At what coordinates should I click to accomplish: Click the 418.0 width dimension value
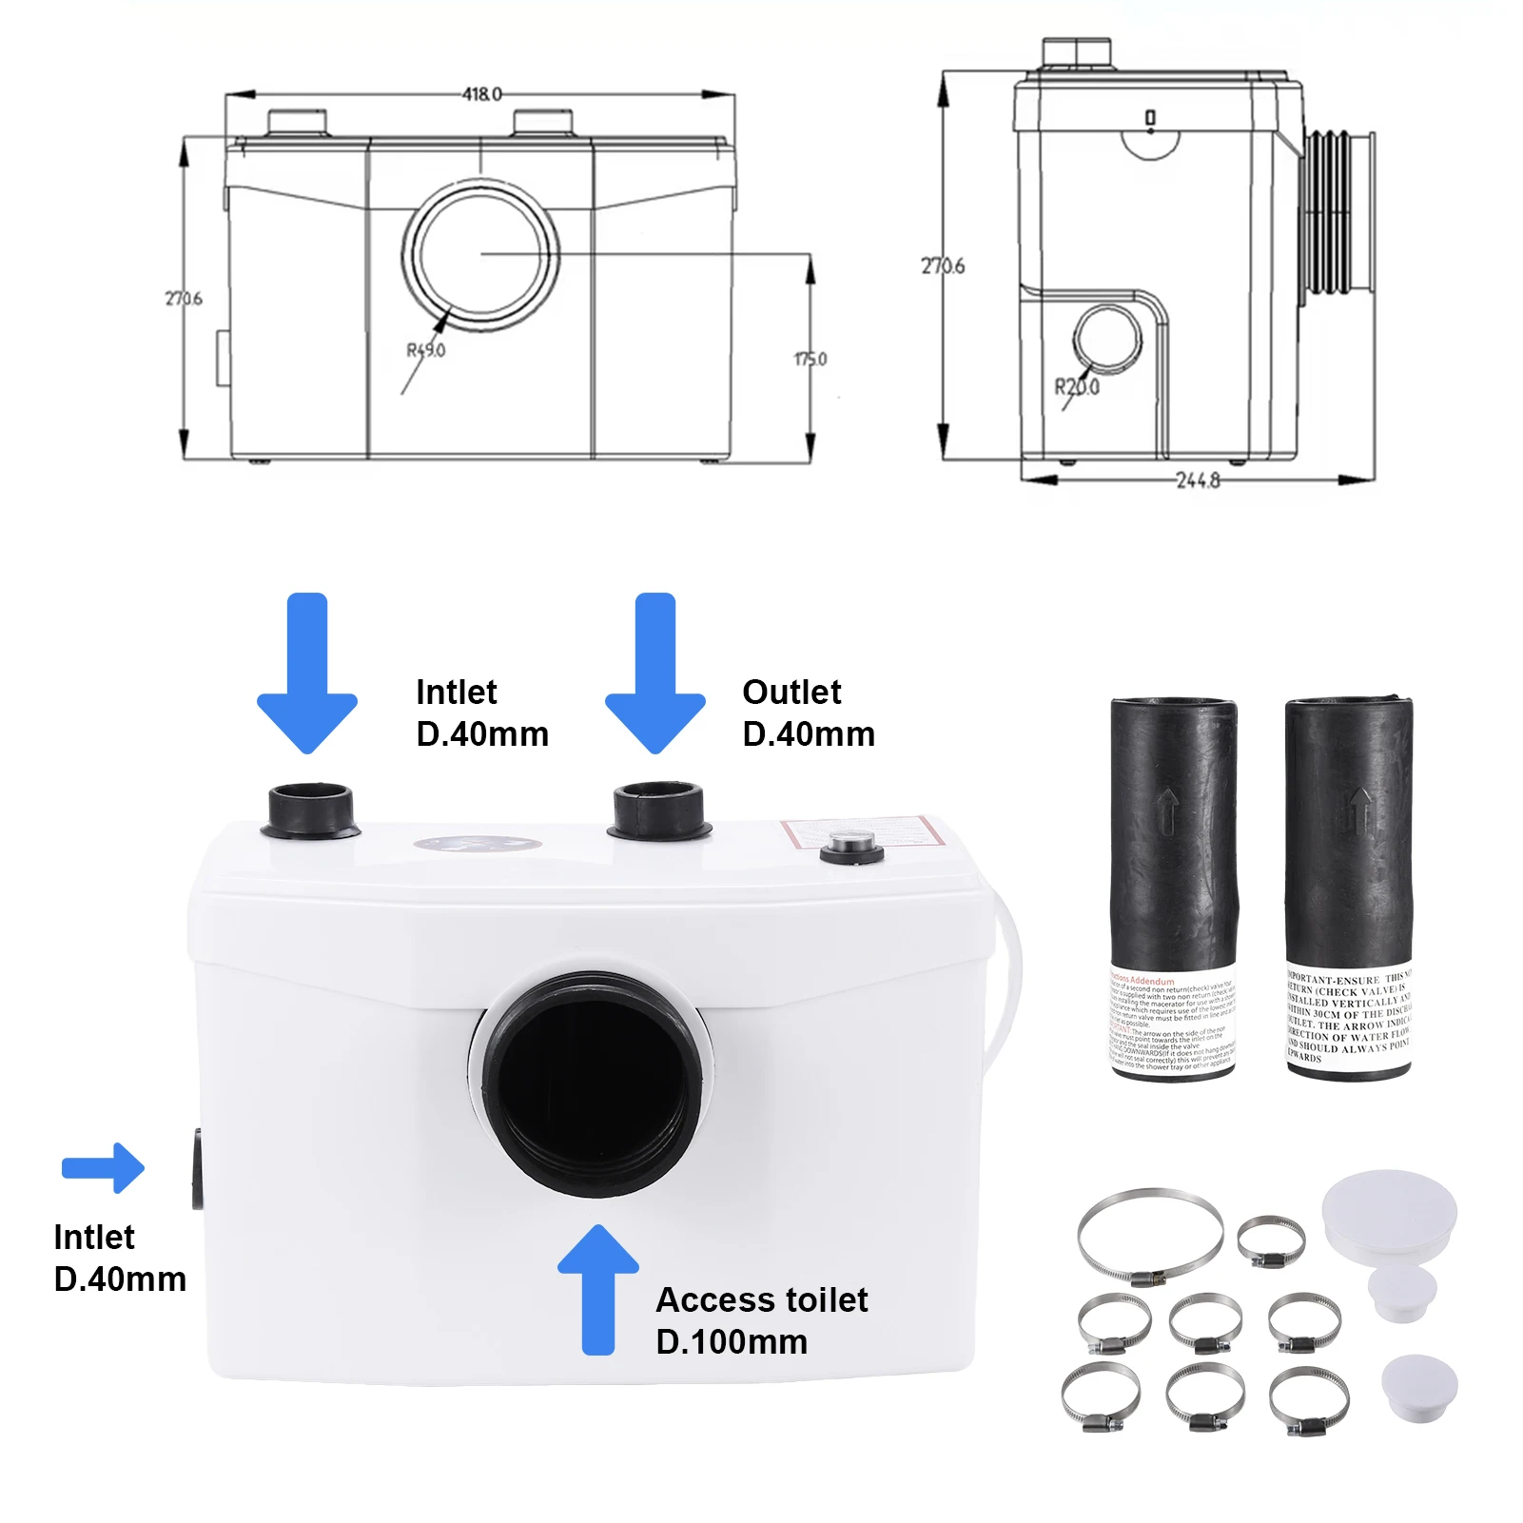click(481, 94)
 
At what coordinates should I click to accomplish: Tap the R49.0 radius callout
click(426, 350)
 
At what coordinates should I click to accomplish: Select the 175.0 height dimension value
click(810, 360)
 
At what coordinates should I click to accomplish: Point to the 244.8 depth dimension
click(1198, 480)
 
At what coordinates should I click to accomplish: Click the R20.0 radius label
click(1077, 387)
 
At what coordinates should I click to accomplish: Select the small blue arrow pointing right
click(103, 1167)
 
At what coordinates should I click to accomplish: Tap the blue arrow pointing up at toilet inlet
click(598, 1288)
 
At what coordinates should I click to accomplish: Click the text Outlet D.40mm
click(808, 713)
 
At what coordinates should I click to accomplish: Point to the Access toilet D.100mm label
click(761, 1320)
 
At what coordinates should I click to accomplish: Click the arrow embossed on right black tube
click(1360, 810)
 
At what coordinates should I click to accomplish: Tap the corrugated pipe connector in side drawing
click(1338, 211)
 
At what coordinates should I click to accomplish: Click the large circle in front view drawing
click(480, 255)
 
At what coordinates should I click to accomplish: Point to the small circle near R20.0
click(1107, 339)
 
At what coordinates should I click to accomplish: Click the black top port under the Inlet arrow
click(309, 809)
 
